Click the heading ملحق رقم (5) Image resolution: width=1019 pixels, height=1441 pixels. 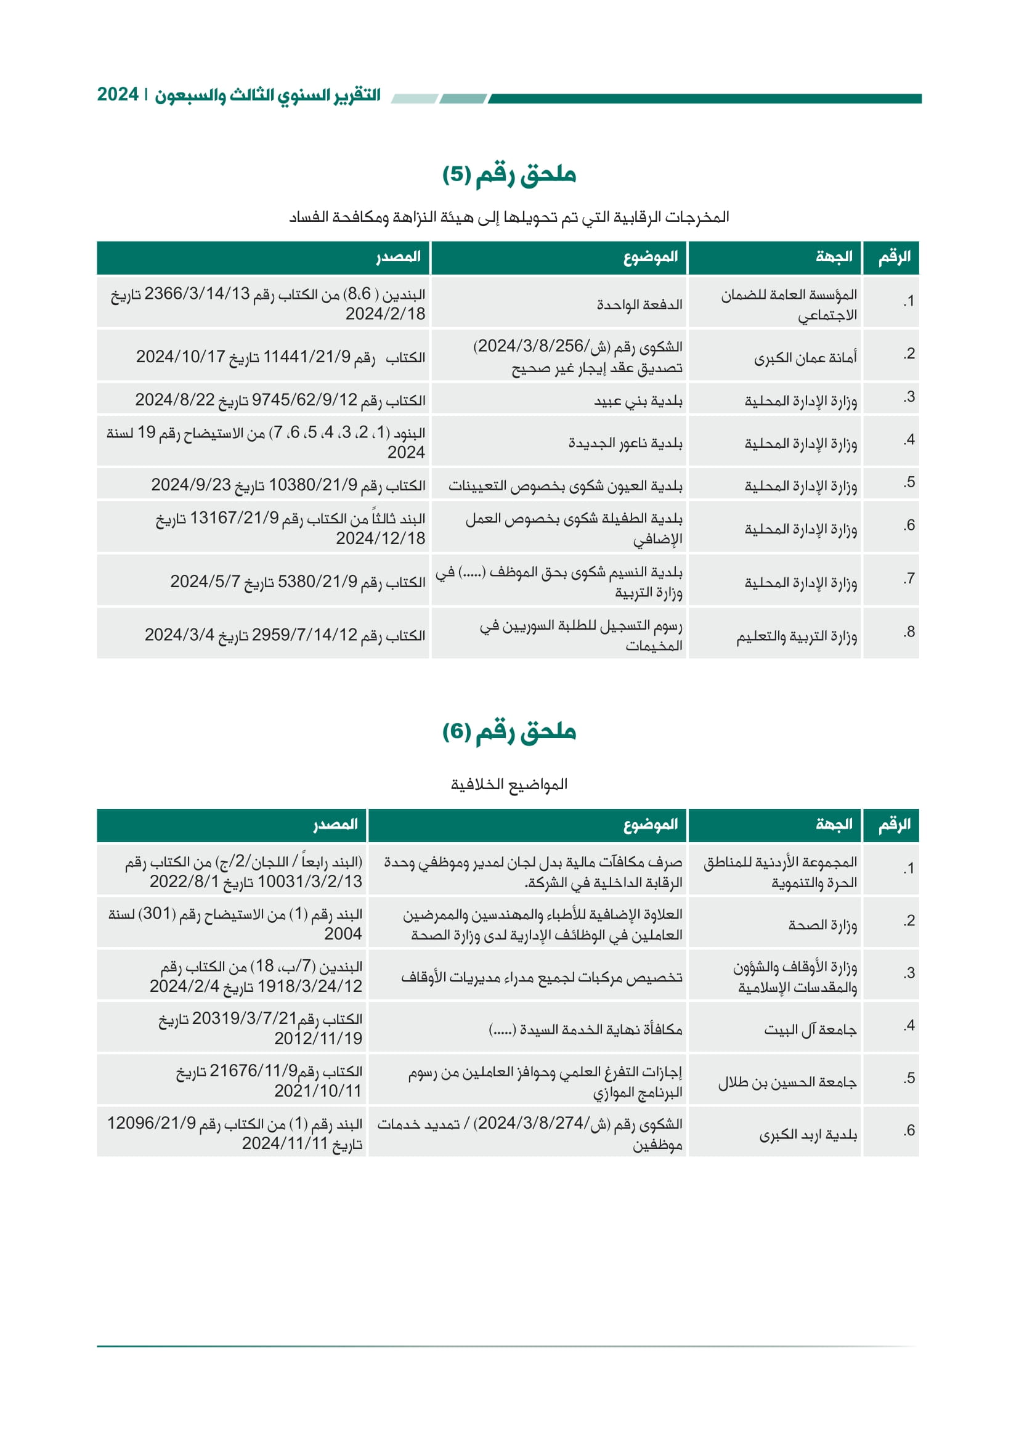point(509,174)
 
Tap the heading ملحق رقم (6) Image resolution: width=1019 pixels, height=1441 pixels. point(509,731)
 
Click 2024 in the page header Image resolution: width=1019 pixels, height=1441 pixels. point(118,95)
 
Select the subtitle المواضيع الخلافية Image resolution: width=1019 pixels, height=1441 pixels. point(509,784)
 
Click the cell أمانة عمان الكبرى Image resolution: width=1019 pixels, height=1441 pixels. point(805,358)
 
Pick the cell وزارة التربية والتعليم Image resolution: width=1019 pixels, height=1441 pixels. point(796,636)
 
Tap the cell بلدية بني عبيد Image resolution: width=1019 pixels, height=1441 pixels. point(638,400)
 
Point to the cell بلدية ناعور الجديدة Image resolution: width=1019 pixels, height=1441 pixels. point(625,443)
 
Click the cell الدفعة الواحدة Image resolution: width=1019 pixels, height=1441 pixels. point(639,304)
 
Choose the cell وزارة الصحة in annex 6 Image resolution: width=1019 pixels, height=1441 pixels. point(822,925)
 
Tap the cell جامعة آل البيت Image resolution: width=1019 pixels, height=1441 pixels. point(810,1030)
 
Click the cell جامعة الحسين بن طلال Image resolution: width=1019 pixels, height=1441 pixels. point(787,1082)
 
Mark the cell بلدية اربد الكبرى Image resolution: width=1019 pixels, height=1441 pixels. point(808,1135)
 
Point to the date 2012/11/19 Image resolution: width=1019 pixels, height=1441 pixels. point(318,1039)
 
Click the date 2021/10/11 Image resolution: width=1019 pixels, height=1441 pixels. point(318,1092)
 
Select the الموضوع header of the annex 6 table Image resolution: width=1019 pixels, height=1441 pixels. point(650,825)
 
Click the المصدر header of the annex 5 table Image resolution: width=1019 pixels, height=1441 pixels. point(398,257)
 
